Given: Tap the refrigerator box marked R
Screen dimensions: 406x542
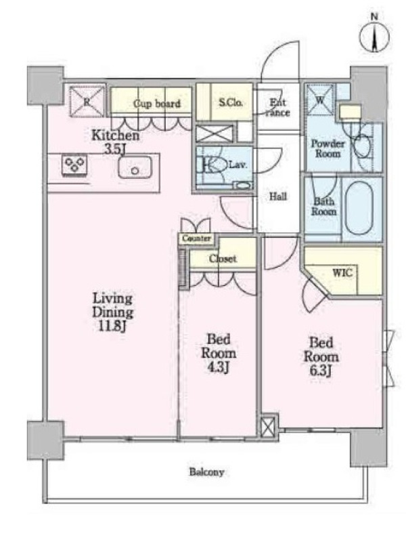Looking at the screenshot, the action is click(x=87, y=101).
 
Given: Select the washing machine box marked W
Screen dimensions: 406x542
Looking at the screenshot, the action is click(x=320, y=99).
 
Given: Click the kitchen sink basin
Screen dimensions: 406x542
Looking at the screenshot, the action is click(x=135, y=167).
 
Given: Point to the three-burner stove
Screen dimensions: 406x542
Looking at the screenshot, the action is click(x=74, y=164).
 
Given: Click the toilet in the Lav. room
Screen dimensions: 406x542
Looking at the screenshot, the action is click(x=212, y=165).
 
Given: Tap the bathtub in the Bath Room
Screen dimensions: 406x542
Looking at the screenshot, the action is click(x=359, y=208).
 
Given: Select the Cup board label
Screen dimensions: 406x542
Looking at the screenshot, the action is click(x=157, y=104).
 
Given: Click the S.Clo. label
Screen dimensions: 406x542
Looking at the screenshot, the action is click(x=231, y=102).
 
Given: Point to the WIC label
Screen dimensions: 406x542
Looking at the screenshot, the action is click(x=342, y=273).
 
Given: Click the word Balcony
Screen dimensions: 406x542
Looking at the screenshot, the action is click(x=206, y=472).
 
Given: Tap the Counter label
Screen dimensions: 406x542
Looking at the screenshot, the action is click(x=196, y=238).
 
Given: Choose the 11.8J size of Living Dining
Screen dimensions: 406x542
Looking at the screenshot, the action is click(x=110, y=327).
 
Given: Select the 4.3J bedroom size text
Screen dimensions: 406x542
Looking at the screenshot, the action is click(x=217, y=368).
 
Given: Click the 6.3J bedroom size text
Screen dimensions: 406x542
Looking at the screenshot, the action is click(x=320, y=371).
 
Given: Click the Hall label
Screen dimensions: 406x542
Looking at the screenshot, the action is click(x=278, y=196).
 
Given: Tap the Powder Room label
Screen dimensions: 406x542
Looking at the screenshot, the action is click(x=328, y=148).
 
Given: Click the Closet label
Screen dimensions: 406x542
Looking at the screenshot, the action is click(x=223, y=259).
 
